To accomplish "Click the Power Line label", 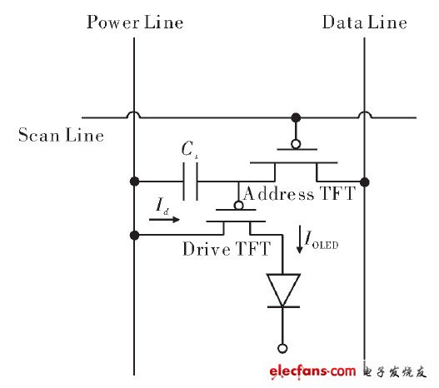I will tap(134, 22).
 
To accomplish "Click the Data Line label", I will tap(365, 22).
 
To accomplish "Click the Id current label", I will tap(163, 205).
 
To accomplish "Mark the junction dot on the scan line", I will tap(294, 117).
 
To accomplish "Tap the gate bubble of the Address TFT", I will tap(294, 145).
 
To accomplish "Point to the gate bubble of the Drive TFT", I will tap(238, 205).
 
